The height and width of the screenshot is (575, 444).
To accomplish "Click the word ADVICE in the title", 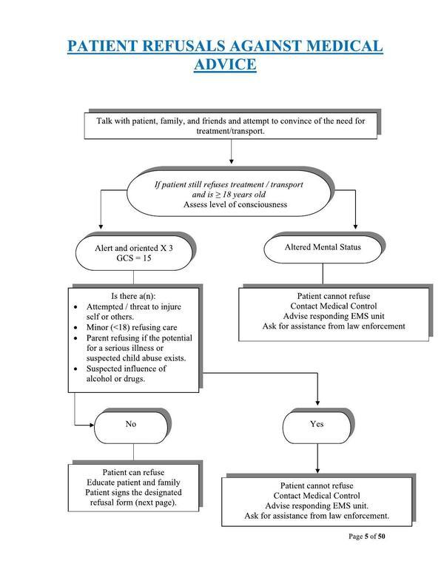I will [225, 65].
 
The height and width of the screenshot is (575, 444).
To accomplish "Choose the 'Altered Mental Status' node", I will [323, 247].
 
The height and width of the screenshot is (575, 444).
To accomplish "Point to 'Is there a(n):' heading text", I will [133, 295].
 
